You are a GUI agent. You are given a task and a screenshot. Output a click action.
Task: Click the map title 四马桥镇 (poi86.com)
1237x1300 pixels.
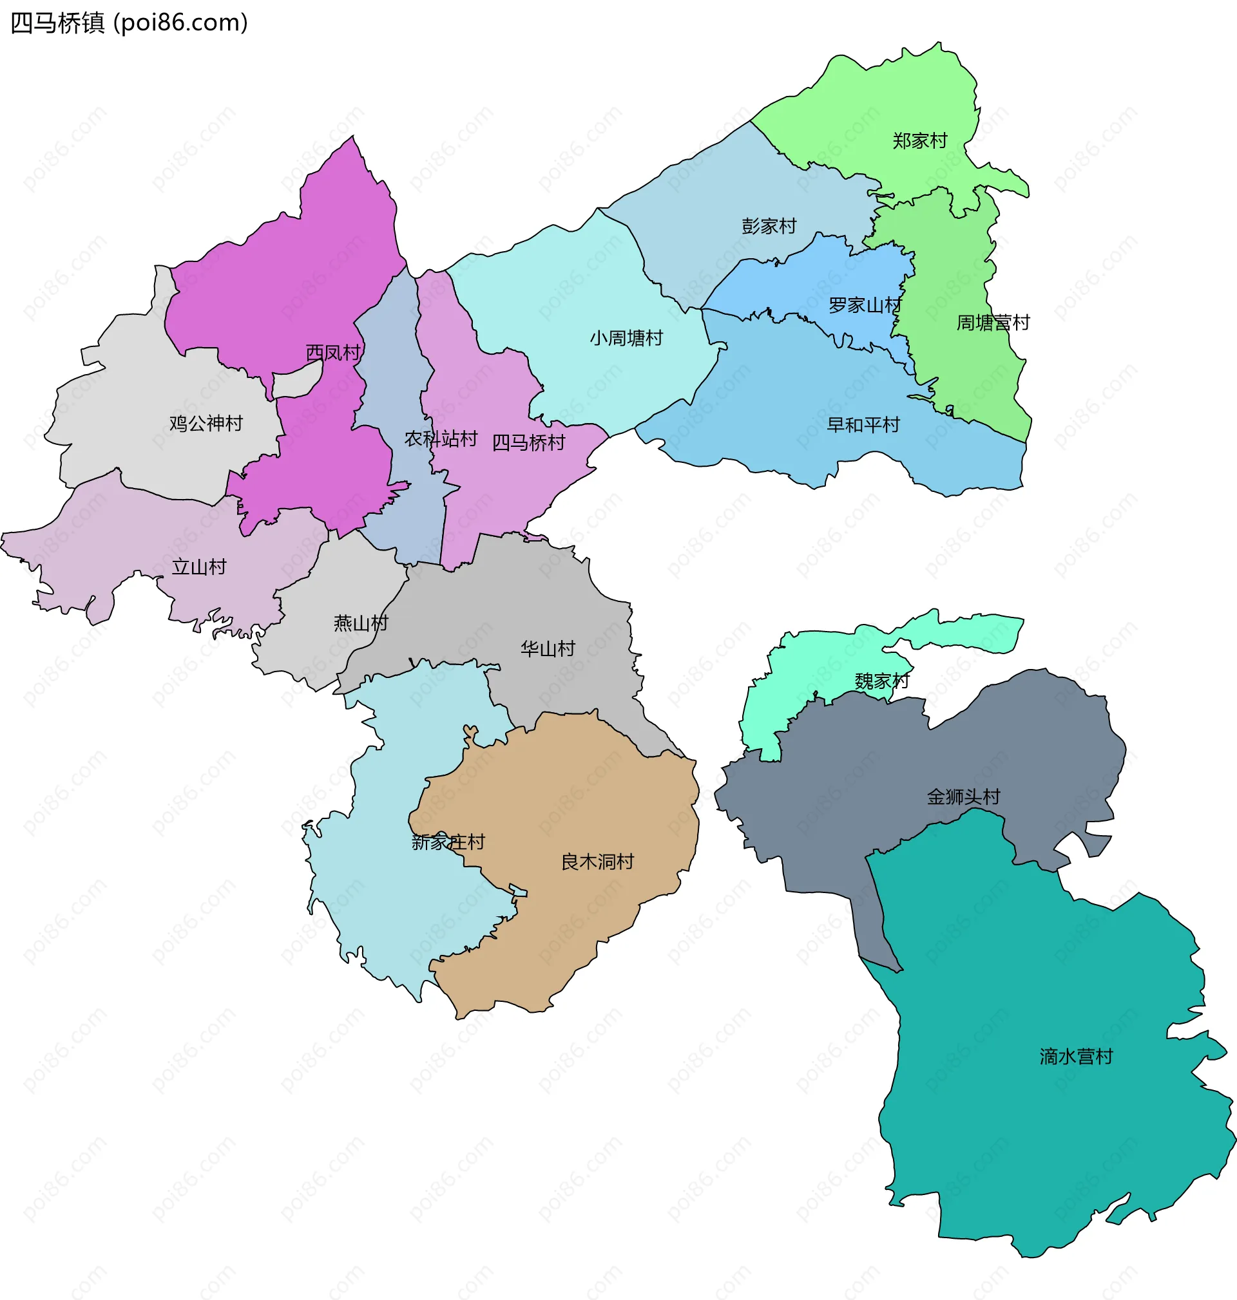(129, 23)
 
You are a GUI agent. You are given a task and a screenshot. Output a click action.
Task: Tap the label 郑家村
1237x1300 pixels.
(920, 141)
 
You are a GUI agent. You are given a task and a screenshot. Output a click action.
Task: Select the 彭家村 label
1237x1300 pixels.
(769, 226)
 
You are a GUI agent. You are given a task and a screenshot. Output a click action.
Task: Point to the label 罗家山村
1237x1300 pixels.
(865, 306)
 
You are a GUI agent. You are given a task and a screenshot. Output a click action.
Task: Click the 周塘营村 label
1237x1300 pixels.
(993, 323)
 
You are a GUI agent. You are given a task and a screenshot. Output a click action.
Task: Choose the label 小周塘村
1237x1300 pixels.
(626, 338)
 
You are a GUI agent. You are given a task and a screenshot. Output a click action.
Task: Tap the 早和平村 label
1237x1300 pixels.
(863, 425)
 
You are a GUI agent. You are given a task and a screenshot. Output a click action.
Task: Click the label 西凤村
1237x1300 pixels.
(333, 353)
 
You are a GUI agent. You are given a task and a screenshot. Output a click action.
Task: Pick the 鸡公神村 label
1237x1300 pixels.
(206, 424)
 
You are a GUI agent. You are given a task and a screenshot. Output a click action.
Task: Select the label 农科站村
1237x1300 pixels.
(441, 439)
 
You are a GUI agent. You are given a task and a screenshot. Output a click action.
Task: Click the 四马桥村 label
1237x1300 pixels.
(529, 443)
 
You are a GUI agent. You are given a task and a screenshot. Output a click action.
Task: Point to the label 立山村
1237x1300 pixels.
(199, 567)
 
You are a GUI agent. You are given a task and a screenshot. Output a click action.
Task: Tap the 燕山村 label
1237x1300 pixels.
(361, 623)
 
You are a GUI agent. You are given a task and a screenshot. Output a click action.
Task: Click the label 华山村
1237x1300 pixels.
(548, 649)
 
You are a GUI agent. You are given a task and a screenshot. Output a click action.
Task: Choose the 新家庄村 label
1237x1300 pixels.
(448, 842)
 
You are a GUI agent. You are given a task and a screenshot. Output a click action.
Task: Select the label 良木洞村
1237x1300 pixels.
(597, 862)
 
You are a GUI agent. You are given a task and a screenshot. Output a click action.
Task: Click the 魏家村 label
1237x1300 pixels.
(882, 681)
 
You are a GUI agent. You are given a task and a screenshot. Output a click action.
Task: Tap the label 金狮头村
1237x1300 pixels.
(963, 797)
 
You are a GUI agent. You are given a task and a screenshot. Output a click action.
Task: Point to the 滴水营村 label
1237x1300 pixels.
(1076, 1057)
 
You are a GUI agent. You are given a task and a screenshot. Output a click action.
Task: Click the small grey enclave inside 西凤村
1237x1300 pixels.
(296, 383)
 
